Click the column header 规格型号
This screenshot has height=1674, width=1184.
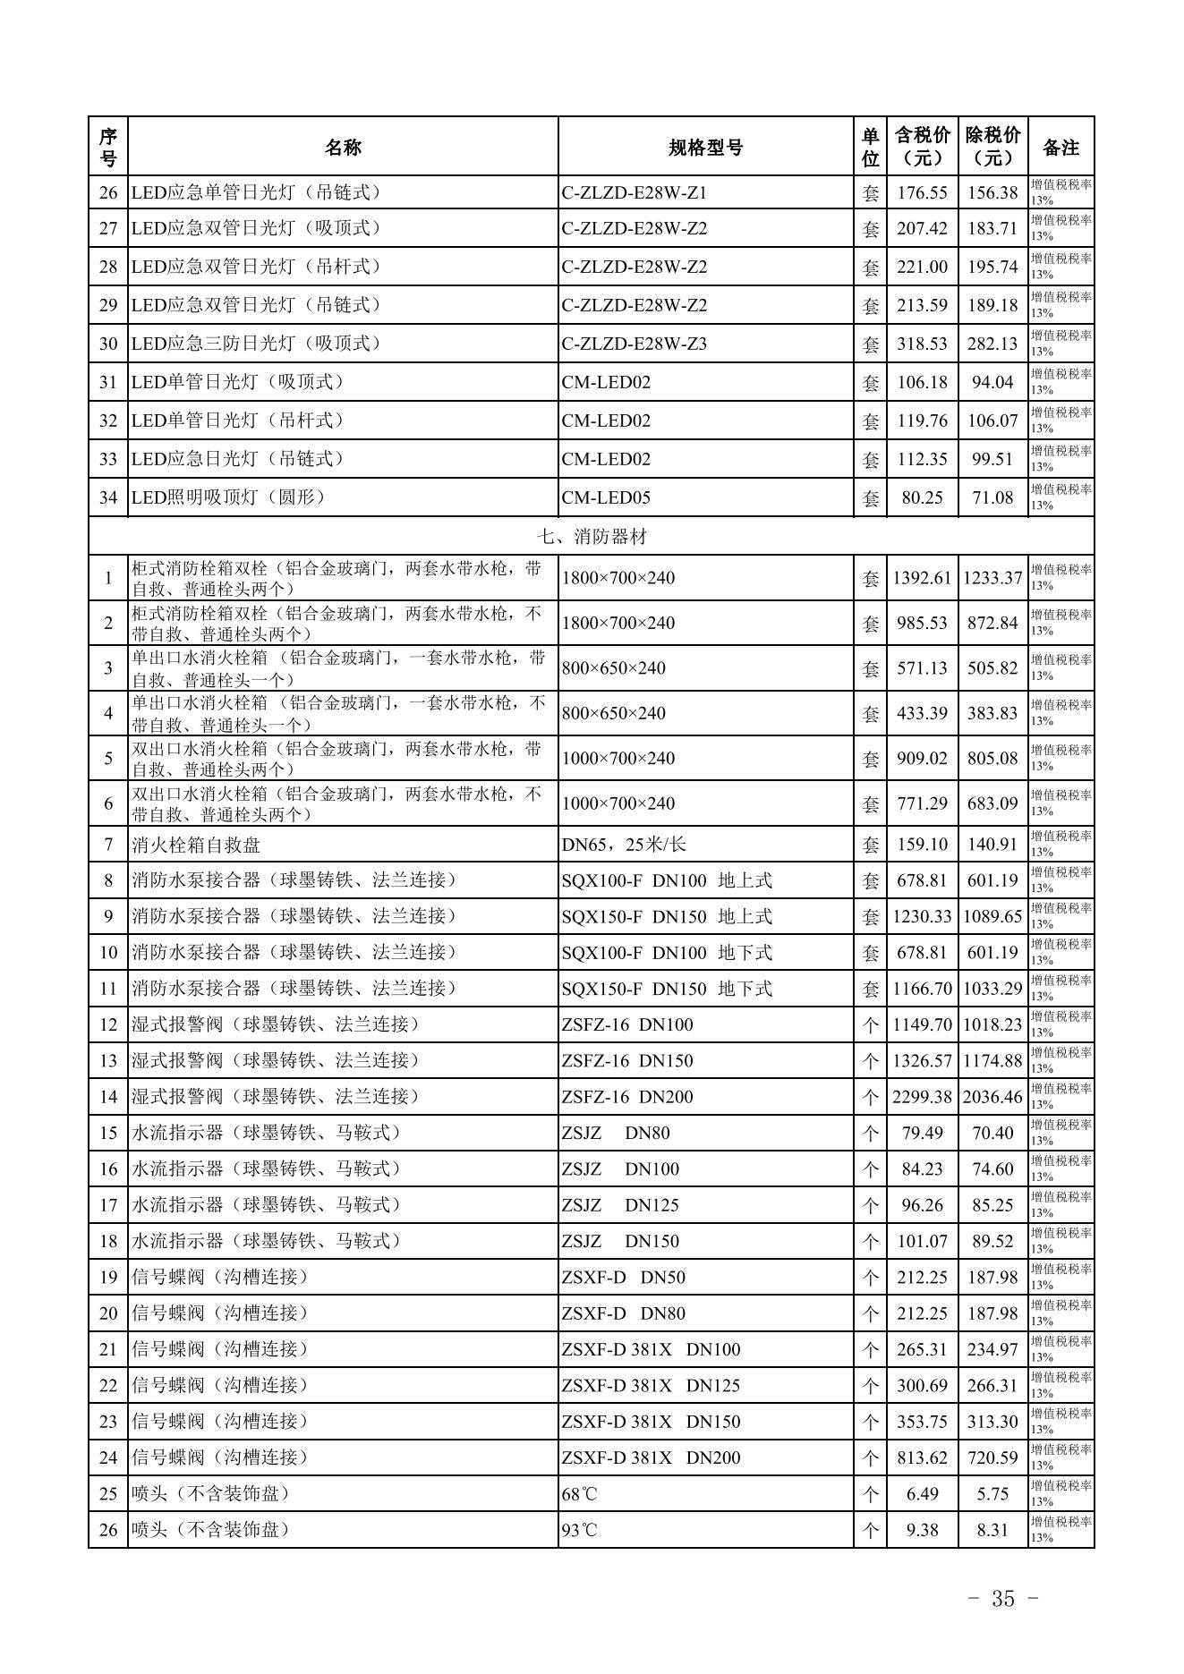coord(705,148)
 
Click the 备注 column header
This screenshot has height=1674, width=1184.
coord(1060,148)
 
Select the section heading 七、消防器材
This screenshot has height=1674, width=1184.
coord(591,536)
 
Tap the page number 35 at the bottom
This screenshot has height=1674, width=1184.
coord(1002,1598)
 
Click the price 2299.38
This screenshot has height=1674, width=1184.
coord(922,1097)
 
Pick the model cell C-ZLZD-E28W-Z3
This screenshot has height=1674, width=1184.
coord(635,344)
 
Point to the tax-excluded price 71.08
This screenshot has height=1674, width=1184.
coord(992,497)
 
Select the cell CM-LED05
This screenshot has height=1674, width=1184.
coord(606,497)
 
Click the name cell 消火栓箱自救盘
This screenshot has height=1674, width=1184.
coord(196,845)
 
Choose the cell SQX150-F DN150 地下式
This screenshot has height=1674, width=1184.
coord(667,989)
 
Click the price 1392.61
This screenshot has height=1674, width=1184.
coord(922,578)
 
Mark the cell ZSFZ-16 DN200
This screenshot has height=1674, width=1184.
coord(626,1097)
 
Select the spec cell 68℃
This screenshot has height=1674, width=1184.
coord(579,1493)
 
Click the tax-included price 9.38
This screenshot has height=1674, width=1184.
coord(922,1530)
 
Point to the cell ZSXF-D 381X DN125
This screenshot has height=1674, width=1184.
coord(651,1385)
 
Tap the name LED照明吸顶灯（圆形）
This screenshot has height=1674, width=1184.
coord(228,497)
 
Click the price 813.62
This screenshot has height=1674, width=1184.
coord(922,1457)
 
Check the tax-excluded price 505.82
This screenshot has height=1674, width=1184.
coord(992,668)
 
